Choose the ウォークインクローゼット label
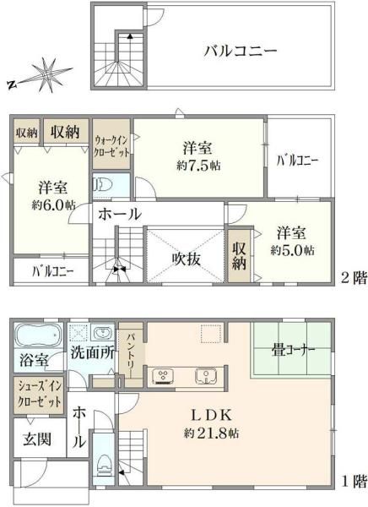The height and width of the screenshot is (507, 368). [x=111, y=145]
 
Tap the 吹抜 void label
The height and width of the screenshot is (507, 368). [x=186, y=259]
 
